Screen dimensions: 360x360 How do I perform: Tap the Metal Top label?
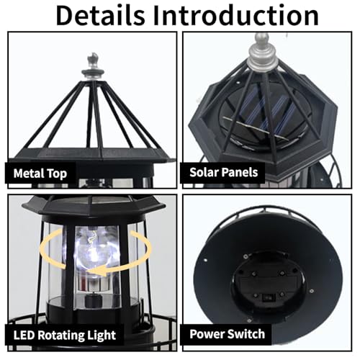click(41, 173)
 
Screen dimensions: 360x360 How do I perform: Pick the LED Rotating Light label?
click(64, 335)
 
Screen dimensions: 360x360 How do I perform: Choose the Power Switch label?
click(227, 334)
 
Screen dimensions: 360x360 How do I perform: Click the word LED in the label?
click(26, 335)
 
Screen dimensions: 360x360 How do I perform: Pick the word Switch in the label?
click(245, 334)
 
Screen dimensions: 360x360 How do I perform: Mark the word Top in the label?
click(60, 173)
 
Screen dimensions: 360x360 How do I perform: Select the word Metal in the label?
click(32, 173)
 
